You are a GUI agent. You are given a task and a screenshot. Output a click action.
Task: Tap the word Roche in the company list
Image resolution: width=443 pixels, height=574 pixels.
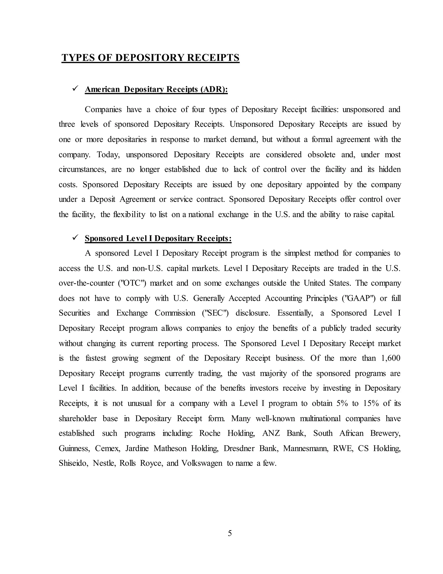coord(210,433)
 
